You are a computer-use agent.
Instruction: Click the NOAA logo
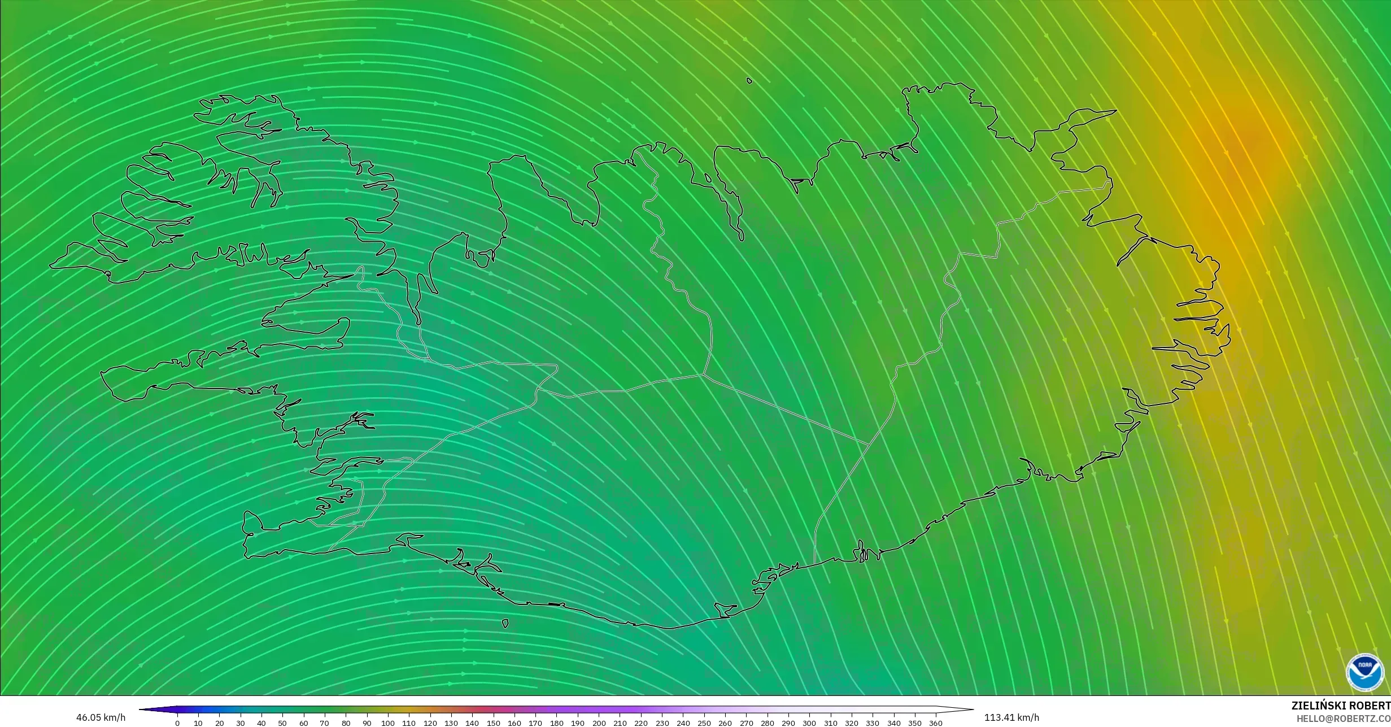1365,672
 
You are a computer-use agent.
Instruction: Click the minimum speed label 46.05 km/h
101,717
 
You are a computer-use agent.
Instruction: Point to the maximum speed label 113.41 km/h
1011,717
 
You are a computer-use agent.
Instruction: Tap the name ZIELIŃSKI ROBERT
1341,706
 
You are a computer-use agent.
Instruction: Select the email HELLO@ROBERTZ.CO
1344,718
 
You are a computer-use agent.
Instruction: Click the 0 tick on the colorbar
177,722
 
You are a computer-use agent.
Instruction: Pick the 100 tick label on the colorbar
388,722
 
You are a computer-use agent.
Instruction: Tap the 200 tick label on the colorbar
599,722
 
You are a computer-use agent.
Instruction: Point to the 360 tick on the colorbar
936,722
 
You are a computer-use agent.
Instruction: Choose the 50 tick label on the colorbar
282,722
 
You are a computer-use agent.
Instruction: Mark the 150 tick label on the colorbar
493,722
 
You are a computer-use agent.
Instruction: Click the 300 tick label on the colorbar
809,722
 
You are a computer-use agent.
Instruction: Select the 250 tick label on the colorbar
704,722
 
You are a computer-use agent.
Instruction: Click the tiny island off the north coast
749,81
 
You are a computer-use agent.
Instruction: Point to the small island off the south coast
505,624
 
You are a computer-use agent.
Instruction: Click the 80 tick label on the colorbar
346,722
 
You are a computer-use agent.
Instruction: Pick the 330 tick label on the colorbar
873,722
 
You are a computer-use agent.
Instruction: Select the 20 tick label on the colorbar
219,722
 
